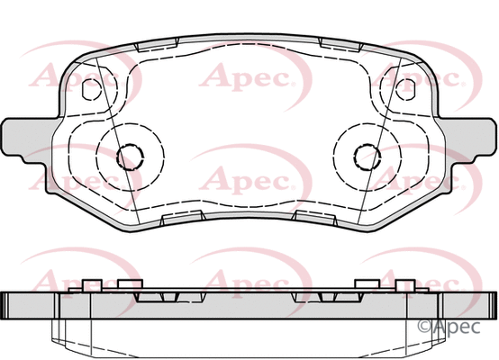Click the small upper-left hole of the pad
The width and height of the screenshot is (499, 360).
90,89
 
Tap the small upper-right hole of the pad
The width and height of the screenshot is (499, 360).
406,89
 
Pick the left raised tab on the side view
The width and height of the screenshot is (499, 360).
91,286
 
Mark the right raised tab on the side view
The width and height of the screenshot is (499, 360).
367,286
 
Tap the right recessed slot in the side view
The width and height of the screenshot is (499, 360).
311,297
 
